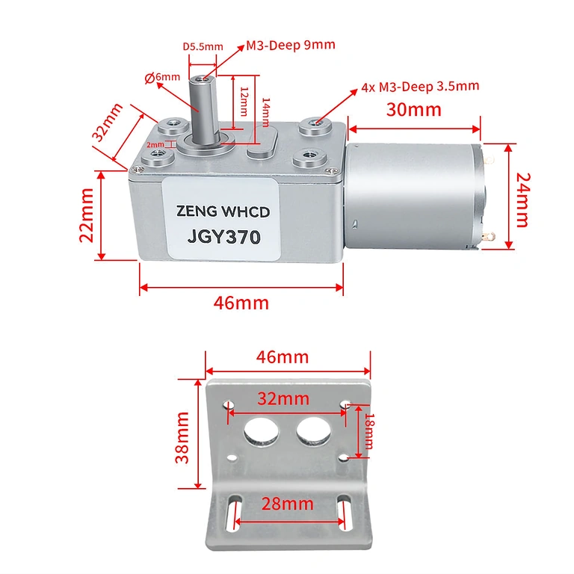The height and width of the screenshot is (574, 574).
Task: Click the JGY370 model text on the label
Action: point(223,238)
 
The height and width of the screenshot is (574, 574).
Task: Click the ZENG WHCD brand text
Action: point(223,213)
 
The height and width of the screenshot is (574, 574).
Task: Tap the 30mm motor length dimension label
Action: point(413,110)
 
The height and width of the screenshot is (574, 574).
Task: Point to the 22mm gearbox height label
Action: point(87,215)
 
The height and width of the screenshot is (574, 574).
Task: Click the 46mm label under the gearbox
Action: point(241,303)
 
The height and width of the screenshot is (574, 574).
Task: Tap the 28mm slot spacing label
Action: point(288,502)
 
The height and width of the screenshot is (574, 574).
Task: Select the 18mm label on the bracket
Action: point(368,431)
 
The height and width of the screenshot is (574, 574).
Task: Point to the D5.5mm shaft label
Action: point(203,46)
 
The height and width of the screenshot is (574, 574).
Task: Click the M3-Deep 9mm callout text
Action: point(291,45)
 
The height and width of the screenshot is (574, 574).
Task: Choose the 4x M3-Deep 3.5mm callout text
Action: point(419,86)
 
